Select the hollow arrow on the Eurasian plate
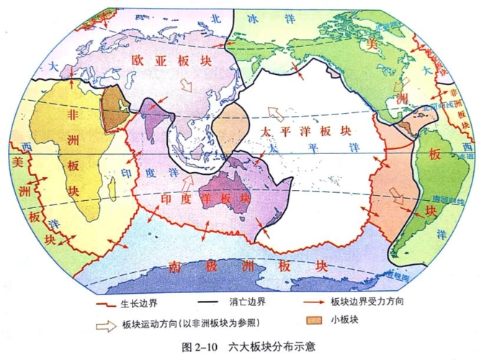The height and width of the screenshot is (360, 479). pos(186,86)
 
